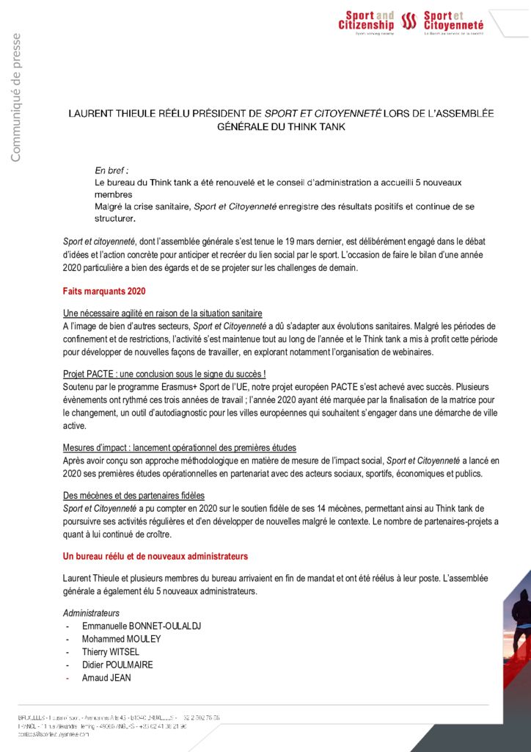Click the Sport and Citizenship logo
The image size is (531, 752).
(366, 22)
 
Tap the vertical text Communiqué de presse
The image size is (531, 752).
(15, 97)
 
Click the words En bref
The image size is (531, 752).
(111, 170)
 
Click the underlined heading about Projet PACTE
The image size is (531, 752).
(164, 374)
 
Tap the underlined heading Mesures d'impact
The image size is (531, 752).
(179, 448)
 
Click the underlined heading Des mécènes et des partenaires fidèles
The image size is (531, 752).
(133, 496)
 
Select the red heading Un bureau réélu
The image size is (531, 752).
(155, 557)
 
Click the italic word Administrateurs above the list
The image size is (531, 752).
(91, 612)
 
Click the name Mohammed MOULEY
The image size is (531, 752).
(121, 639)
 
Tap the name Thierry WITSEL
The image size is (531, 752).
(110, 652)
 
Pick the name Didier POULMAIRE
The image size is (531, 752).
(117, 665)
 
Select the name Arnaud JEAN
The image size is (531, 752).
(106, 678)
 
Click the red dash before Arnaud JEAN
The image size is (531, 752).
(67, 678)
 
